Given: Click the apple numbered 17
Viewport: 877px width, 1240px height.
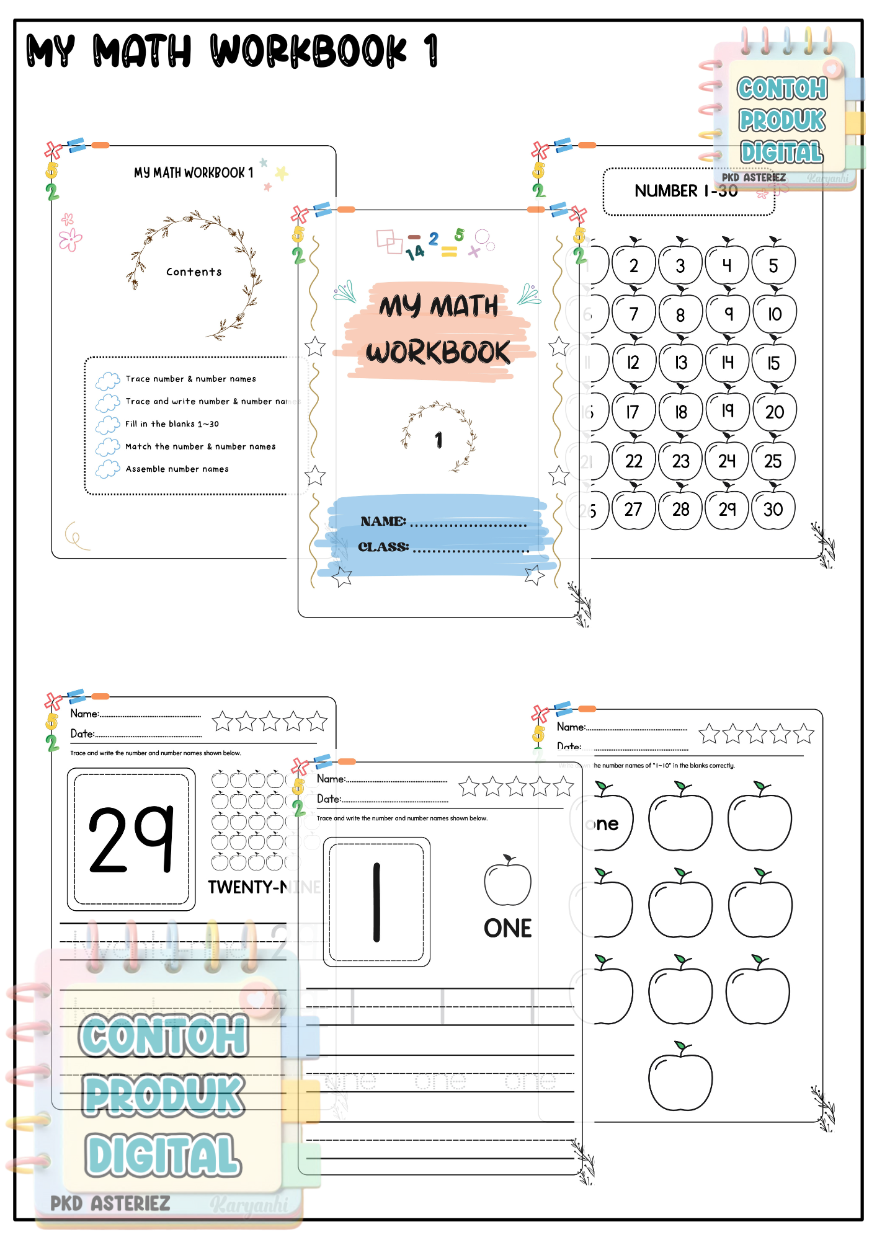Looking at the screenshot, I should coord(633,411).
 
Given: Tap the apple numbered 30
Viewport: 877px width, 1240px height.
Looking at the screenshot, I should coord(773,510).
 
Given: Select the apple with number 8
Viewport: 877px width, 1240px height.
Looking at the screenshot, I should coord(680,314).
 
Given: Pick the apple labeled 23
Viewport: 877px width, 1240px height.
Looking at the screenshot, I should coord(680,461).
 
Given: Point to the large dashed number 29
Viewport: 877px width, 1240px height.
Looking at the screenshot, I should coord(131,839).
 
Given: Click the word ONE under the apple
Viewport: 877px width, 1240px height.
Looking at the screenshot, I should coord(507,928).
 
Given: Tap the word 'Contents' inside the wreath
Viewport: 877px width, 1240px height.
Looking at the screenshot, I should coord(194,272).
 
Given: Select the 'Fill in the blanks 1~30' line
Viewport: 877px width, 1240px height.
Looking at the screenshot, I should coord(172,424).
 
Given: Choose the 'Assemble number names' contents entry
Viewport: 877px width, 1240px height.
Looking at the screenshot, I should coord(177,469).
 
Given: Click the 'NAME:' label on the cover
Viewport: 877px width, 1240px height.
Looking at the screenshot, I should coord(383,521).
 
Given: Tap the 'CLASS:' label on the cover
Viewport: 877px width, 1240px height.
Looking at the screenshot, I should coord(383,547).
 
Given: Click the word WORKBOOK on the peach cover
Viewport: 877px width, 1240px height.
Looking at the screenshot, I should coord(438,352).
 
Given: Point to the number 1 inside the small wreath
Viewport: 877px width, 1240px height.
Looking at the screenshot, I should coord(439,440).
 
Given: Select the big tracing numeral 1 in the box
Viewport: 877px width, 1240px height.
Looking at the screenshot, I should coord(376,901).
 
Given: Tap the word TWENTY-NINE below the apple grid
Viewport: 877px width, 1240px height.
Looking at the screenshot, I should coord(264,887).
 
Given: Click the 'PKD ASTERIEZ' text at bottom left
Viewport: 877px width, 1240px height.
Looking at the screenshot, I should coord(110,1203).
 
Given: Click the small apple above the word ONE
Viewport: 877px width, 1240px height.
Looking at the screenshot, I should coord(507,882).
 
